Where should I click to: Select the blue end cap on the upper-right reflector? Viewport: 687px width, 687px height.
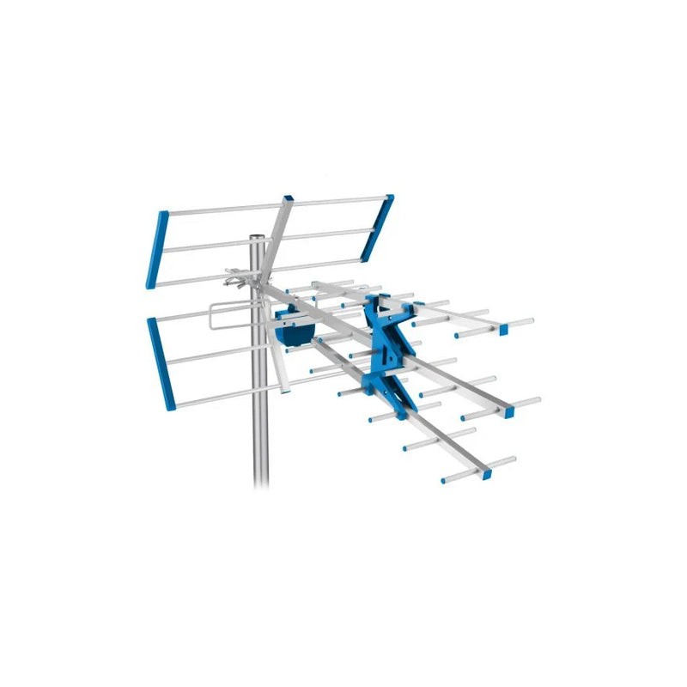click(378, 228)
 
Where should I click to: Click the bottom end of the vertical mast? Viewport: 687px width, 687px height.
click(259, 481)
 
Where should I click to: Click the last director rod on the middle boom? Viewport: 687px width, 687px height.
click(507, 408)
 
